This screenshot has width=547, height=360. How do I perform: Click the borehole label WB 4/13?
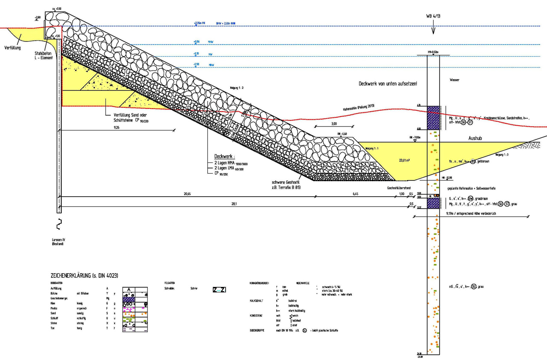pos(433,16)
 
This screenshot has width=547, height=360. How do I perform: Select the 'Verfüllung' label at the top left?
pos(12,48)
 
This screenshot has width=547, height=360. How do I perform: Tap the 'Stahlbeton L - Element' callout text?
pos(44,56)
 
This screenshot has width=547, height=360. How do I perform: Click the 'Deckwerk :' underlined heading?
pos(225,156)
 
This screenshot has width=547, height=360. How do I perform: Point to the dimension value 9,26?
pos(117,127)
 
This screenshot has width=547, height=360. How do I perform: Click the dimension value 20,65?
pos(187,194)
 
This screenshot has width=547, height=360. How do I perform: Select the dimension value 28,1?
pos(235,204)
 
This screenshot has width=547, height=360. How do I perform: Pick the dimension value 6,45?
pos(356,194)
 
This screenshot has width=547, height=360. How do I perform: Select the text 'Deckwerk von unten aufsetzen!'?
pos(388,84)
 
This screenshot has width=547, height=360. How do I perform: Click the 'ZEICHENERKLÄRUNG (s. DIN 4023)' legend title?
pos(84,276)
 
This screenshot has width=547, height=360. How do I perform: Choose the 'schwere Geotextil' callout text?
pos(281,184)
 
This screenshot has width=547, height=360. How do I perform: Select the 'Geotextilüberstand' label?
pos(399,188)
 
